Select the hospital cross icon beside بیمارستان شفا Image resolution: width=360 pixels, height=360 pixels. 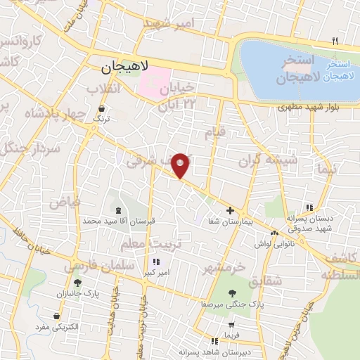230,210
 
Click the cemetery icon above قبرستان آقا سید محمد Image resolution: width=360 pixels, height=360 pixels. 117,210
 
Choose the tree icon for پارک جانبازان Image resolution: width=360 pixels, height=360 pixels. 79,282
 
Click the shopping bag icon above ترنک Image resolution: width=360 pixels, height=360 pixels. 103,109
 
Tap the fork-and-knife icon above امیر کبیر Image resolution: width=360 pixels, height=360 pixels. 155,262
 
